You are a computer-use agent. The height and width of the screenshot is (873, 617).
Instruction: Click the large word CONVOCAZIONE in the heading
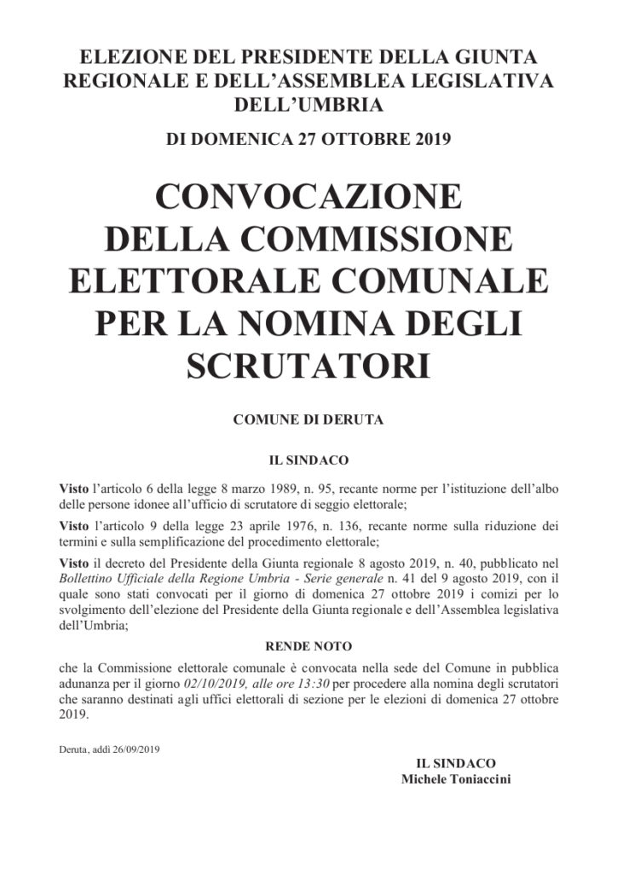pos(308,198)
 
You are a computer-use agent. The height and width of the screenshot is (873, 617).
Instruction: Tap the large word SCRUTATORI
pos(308,364)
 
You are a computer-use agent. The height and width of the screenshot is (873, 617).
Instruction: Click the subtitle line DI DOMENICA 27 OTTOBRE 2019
pos(308,139)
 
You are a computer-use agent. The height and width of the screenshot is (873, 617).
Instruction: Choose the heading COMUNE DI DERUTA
pos(308,420)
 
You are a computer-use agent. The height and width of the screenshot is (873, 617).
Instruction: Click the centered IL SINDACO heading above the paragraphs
pos(308,460)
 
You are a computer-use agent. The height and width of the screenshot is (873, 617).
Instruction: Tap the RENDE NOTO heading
pos(308,647)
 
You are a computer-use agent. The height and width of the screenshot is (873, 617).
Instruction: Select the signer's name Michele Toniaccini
pos(456,779)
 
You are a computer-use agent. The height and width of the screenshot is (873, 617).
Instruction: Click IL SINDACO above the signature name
pos(456,763)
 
